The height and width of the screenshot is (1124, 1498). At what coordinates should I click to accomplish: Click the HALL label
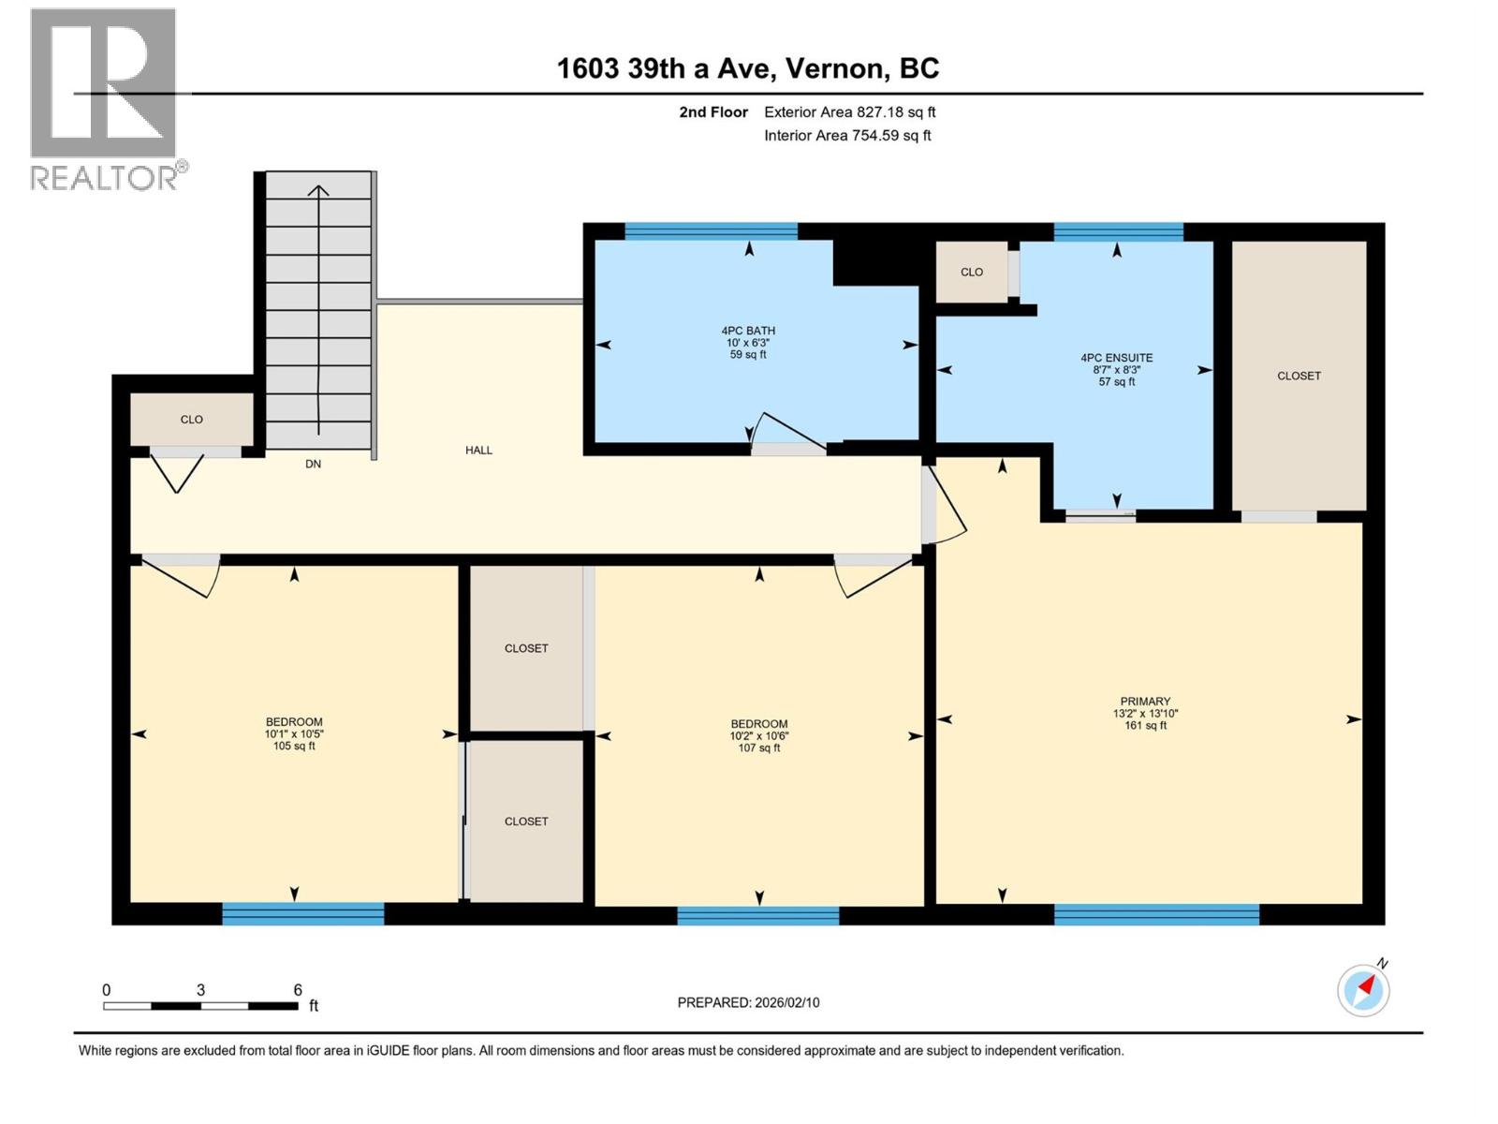(478, 451)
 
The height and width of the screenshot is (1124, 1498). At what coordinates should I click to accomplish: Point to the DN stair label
(313, 464)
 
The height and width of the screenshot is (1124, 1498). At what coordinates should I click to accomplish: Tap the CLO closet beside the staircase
(192, 420)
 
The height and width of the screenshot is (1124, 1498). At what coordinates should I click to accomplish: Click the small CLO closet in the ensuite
(972, 273)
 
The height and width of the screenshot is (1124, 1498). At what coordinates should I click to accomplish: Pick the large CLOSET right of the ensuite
(1299, 376)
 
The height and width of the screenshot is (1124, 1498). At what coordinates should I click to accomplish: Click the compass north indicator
(1364, 989)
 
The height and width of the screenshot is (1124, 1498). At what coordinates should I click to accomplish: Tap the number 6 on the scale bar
(298, 990)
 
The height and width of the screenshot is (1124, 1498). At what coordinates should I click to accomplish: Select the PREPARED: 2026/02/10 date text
(748, 1002)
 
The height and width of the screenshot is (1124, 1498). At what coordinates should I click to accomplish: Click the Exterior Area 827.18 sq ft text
(849, 112)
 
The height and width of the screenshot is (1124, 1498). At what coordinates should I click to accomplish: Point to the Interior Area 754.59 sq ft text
(847, 136)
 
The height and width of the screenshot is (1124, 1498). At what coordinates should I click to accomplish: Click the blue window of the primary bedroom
(1156, 914)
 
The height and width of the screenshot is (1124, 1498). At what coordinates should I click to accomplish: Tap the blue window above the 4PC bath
(711, 231)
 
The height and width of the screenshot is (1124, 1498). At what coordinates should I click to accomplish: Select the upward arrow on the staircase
(318, 192)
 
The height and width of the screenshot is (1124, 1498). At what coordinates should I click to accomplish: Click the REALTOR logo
(105, 98)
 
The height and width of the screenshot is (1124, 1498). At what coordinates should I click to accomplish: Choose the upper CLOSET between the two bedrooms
(526, 648)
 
